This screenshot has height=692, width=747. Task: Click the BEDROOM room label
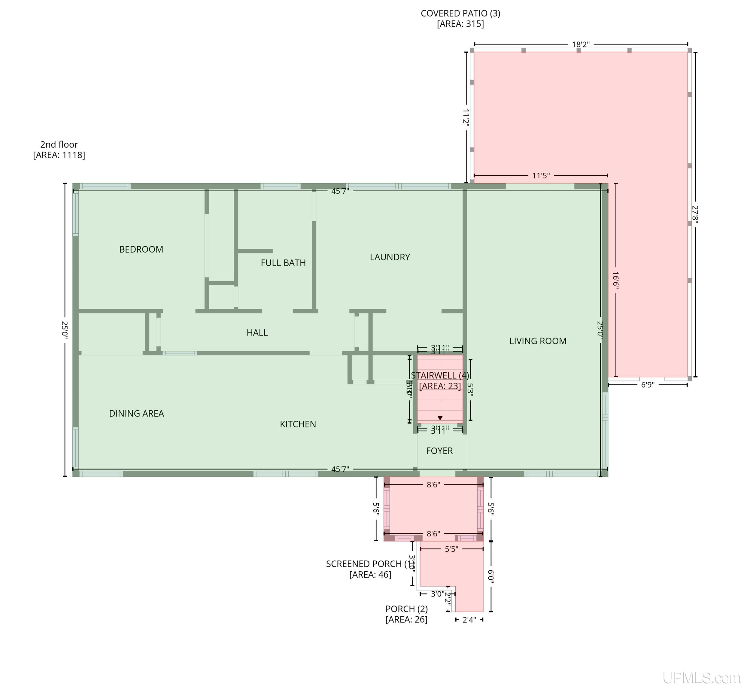point(141,249)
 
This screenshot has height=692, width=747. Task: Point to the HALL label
point(257,332)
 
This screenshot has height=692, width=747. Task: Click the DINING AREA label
point(136,413)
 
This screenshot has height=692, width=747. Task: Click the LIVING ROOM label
point(538,341)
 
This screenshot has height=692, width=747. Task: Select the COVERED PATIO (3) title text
point(460,14)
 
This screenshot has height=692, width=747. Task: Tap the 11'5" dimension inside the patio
point(541,176)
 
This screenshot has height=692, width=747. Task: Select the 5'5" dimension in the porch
point(451,549)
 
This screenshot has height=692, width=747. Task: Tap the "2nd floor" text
point(59,144)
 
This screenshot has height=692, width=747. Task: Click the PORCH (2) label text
point(407,609)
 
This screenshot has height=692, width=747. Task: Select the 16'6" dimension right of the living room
point(615,279)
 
